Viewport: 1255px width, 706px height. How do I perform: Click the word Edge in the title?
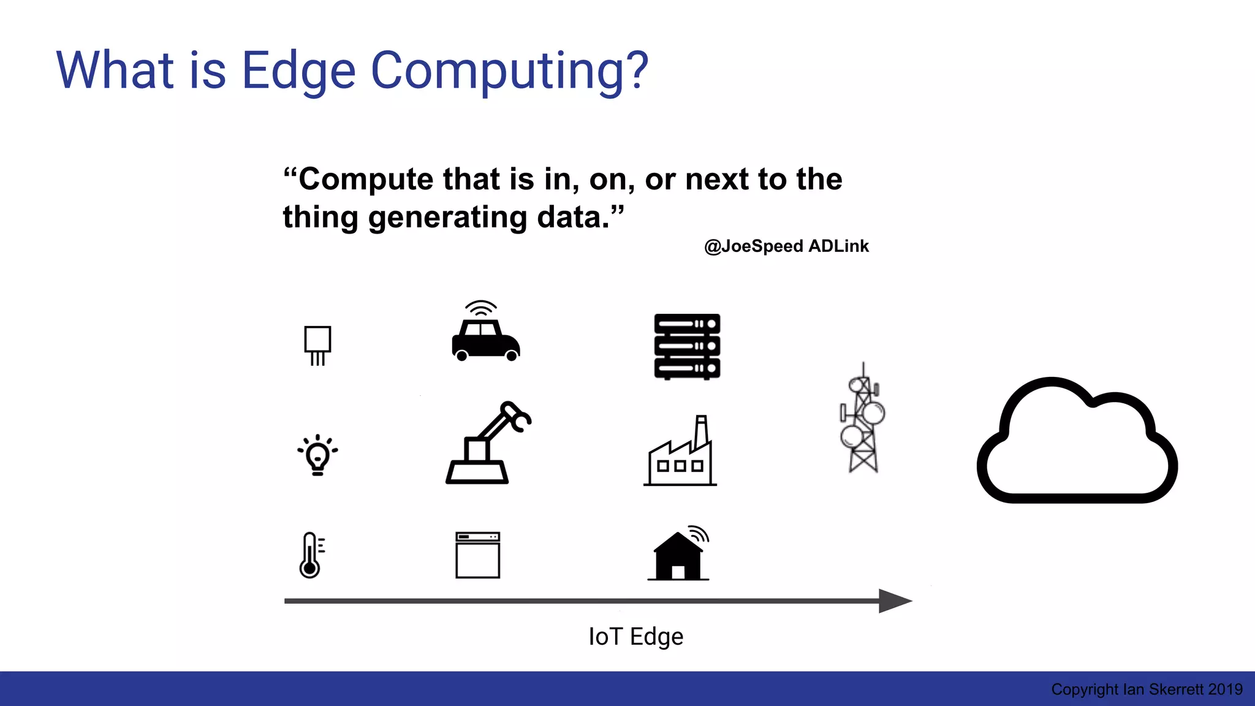click(298, 72)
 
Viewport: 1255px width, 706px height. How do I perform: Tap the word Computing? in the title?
click(509, 72)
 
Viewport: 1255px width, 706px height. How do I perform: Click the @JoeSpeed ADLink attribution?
click(786, 246)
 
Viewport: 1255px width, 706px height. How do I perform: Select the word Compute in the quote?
click(366, 180)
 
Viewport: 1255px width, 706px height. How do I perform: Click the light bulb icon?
click(317, 455)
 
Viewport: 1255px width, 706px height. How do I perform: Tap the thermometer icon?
click(311, 555)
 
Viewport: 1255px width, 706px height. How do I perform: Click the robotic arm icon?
click(487, 444)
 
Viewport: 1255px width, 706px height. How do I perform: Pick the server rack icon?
click(687, 347)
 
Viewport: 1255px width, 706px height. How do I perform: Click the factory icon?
click(680, 454)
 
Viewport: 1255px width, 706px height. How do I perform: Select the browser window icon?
click(478, 555)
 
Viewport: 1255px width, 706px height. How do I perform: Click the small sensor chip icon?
click(317, 344)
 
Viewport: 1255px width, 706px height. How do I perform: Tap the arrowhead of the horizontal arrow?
click(895, 601)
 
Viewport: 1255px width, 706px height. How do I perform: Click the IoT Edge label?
click(635, 637)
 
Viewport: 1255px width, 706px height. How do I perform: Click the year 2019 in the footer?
click(1225, 689)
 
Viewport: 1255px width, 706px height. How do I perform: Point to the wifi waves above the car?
click(480, 308)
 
